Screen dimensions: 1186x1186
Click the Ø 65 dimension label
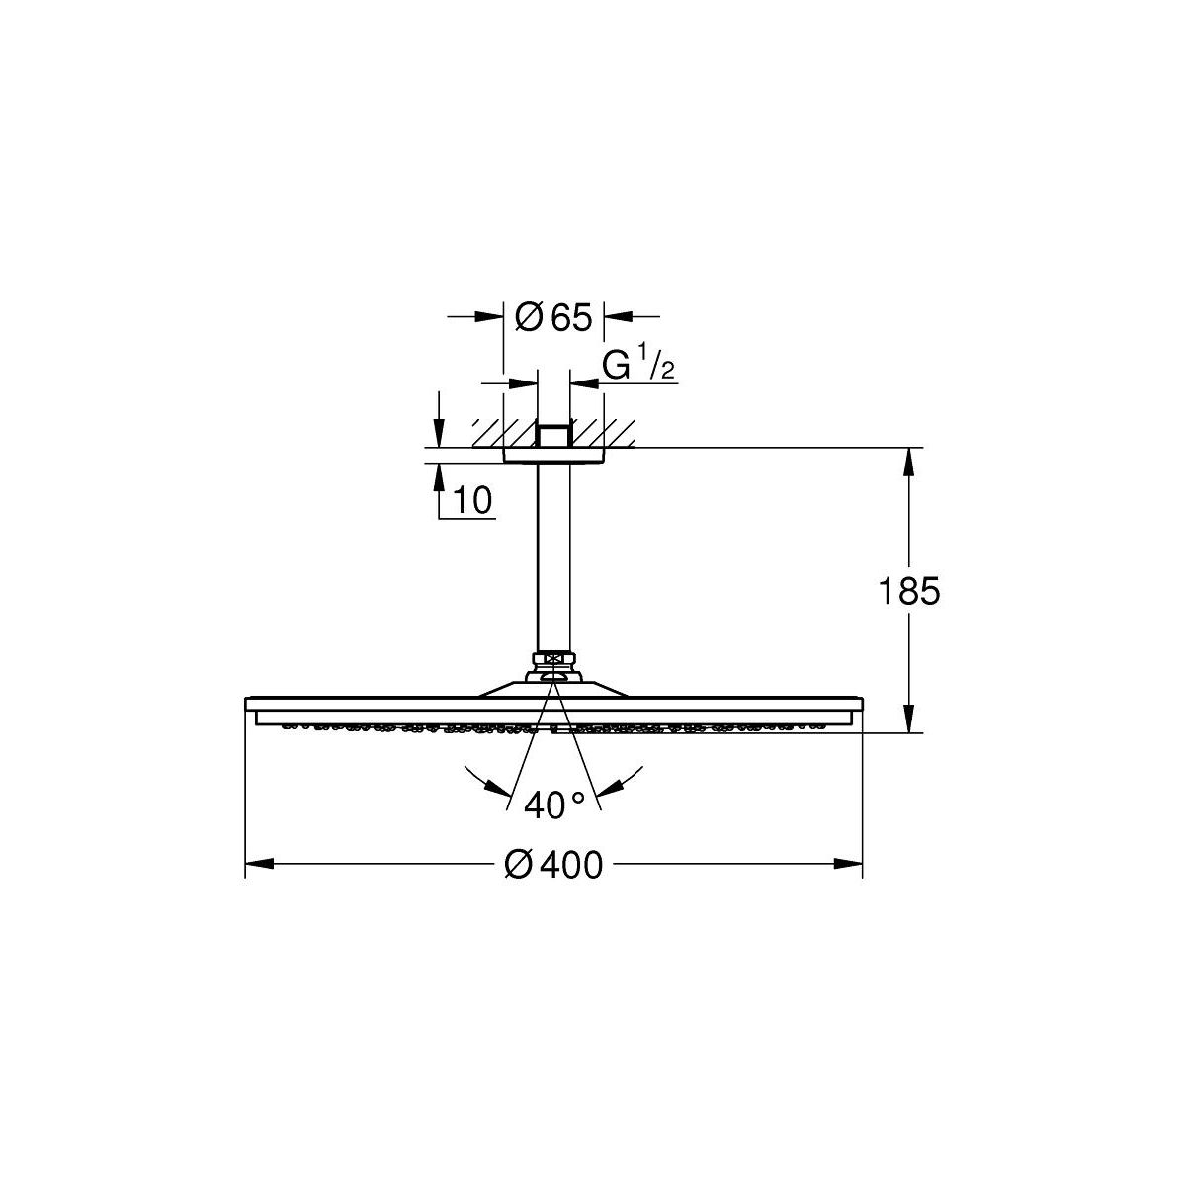point(552,317)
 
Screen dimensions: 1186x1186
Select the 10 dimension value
point(472,500)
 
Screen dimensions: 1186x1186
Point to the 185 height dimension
point(908,591)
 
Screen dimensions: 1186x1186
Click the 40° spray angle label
point(553,805)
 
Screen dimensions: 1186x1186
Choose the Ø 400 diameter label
point(553,865)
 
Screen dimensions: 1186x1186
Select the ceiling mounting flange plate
point(553,455)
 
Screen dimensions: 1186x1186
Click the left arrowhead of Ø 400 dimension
point(259,864)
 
